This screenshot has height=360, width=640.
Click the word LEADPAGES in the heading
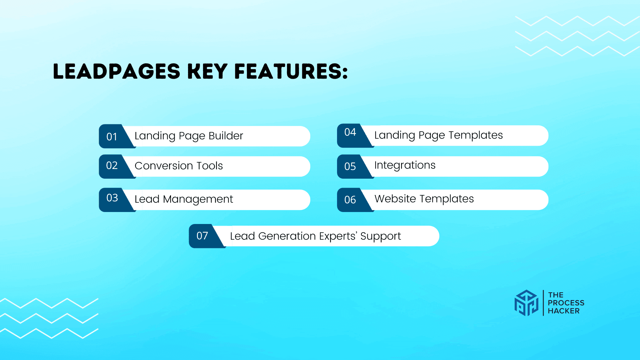click(x=117, y=71)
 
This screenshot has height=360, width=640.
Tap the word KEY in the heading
click(x=207, y=71)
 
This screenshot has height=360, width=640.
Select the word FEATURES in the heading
click(x=291, y=71)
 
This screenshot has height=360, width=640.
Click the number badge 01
click(x=112, y=137)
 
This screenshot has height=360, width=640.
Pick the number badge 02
click(x=112, y=166)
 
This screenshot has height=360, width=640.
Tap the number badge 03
click(x=112, y=198)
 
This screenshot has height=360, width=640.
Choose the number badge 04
click(x=350, y=132)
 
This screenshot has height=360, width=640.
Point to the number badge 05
click(x=350, y=166)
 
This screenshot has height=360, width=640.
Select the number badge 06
click(x=350, y=200)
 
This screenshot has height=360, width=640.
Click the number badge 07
click(x=202, y=236)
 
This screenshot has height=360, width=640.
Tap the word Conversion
click(x=164, y=166)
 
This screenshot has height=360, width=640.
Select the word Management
click(x=198, y=199)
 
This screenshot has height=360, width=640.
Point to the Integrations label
click(x=405, y=165)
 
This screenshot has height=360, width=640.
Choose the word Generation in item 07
click(x=287, y=236)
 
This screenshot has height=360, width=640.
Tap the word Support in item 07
click(x=381, y=236)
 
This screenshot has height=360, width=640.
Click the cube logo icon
click(x=526, y=303)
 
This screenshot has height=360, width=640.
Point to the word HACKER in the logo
click(x=564, y=311)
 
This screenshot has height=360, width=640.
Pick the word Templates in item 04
click(x=476, y=135)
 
